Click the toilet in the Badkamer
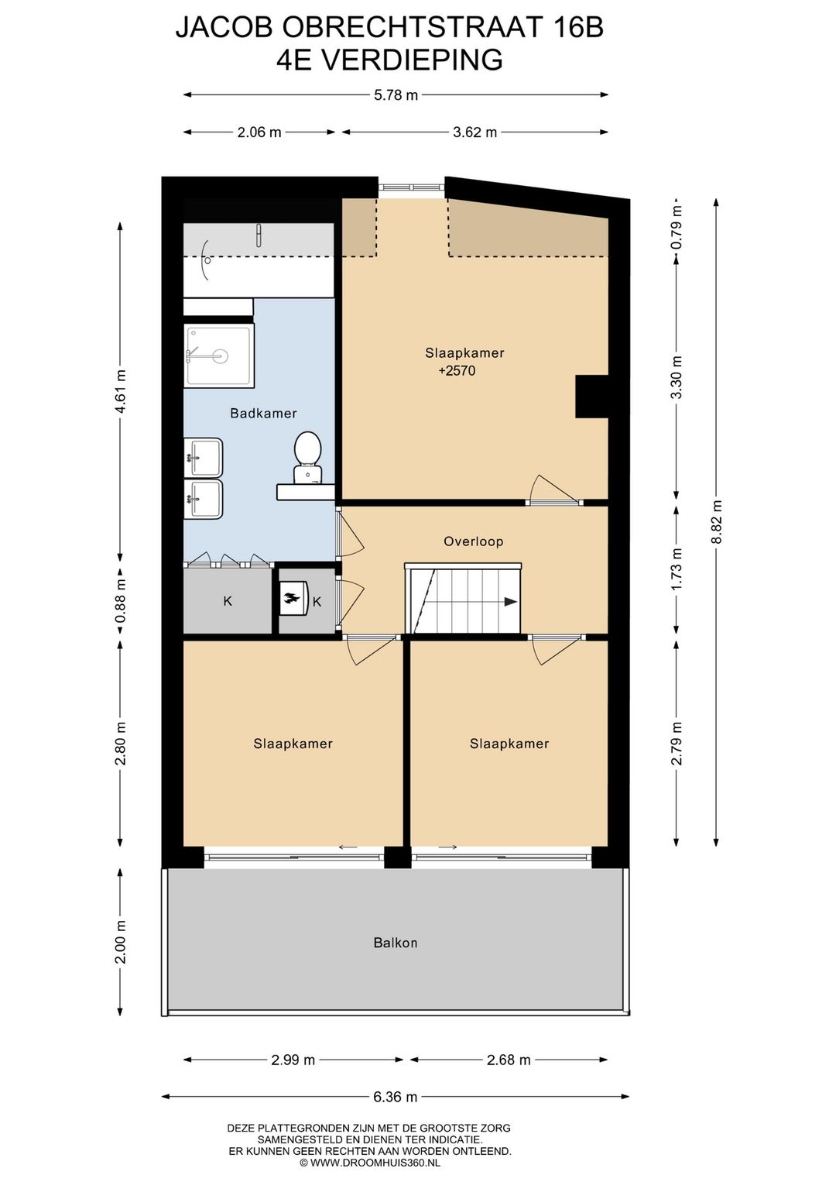click(308, 455)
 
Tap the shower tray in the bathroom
click(219, 356)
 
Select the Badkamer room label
click(263, 414)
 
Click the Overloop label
click(473, 541)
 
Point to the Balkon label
click(395, 943)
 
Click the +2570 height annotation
click(457, 371)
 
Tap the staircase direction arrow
click(510, 601)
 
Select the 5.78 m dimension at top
click(396, 95)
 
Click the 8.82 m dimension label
click(717, 521)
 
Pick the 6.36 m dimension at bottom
click(395, 1097)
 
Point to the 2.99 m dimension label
click(293, 1060)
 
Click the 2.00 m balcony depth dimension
click(121, 941)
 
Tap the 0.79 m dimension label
click(677, 234)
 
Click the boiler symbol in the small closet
click(293, 599)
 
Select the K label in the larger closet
click(228, 601)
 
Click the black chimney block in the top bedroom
click(591, 397)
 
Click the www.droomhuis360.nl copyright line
click(370, 1162)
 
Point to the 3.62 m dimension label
click(475, 132)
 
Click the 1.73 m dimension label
click(677, 569)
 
